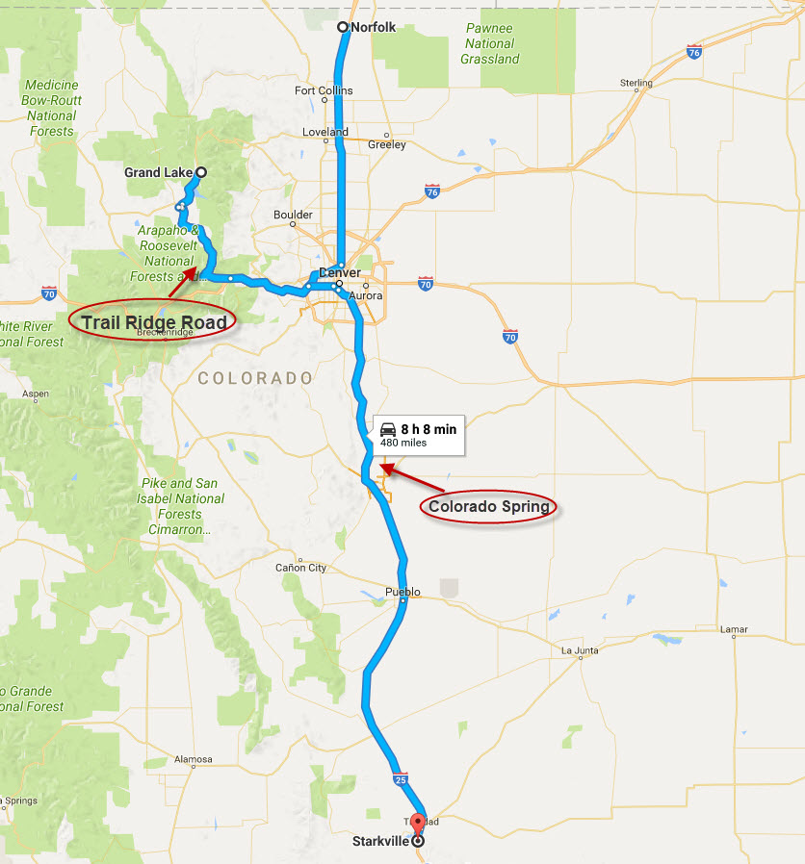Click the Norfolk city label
(374, 28)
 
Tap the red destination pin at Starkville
(418, 825)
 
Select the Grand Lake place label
(158, 173)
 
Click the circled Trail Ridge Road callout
(154, 322)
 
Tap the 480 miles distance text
(403, 444)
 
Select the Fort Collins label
(324, 91)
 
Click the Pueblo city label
(402, 592)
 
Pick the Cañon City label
(300, 568)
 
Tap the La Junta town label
(581, 651)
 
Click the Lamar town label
(733, 630)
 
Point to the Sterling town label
(636, 84)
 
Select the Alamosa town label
(193, 759)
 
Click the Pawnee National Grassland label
(492, 44)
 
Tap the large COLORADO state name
(255, 379)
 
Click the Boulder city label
(293, 215)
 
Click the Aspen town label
(36, 394)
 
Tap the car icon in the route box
(388, 429)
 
